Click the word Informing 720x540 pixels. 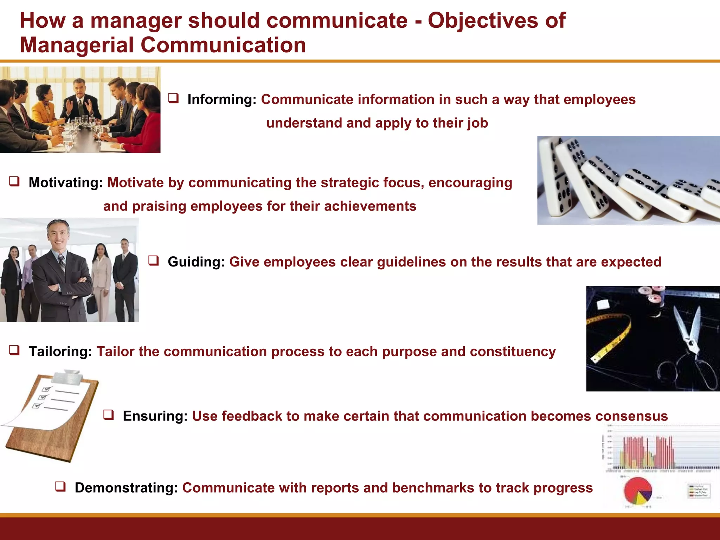(221, 100)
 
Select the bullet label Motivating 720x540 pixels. (65, 183)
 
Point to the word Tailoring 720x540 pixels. (60, 352)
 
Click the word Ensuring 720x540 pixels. (155, 416)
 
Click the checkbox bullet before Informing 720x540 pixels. (173, 98)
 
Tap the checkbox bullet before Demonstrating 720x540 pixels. (60, 487)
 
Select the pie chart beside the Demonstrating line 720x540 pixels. (637, 491)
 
